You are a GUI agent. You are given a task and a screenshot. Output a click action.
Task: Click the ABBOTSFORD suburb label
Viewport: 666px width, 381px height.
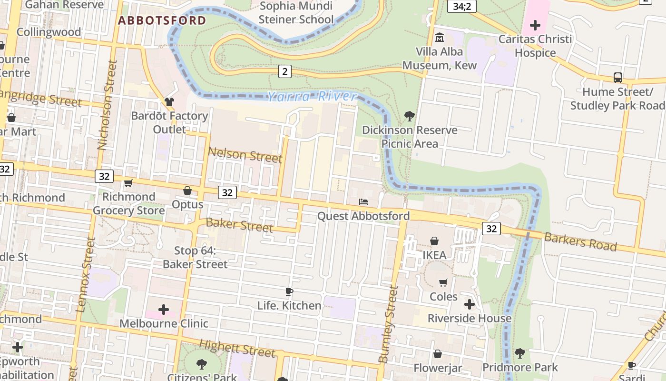pos(162,20)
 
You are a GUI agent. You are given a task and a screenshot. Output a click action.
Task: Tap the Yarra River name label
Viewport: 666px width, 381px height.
pos(311,97)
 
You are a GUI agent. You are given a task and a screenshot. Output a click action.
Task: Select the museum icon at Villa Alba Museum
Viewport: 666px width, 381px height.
pos(440,37)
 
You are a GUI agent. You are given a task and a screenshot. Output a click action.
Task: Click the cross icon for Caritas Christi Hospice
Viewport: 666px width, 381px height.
pos(535,25)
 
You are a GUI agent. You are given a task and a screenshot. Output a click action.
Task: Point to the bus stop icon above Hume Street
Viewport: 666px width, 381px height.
pos(617,78)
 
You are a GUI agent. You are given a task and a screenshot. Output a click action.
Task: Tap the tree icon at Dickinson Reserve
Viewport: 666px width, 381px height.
pos(409,116)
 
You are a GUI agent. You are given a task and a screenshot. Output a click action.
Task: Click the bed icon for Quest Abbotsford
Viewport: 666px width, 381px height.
pos(363,202)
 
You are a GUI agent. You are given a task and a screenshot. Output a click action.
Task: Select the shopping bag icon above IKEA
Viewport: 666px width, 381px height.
pos(434,241)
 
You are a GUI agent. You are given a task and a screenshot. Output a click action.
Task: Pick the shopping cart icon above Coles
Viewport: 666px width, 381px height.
pos(443,282)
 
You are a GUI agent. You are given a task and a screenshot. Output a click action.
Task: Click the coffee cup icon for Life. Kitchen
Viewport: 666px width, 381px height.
pos(289,291)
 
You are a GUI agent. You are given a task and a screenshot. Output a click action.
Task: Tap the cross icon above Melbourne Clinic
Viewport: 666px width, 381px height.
pos(164,310)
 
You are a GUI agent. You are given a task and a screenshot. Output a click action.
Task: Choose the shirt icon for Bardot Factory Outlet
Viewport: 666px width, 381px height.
pos(169,101)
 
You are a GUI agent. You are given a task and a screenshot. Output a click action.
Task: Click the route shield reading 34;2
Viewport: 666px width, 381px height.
pos(462,6)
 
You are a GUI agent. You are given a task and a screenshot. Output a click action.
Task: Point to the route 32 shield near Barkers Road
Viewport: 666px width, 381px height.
pos(491,229)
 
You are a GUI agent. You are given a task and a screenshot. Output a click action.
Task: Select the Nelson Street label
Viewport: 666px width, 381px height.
pos(245,154)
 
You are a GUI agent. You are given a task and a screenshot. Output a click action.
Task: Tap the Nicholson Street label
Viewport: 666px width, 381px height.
pos(108,105)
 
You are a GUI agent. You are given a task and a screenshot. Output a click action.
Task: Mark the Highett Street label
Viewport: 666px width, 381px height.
pos(237,348)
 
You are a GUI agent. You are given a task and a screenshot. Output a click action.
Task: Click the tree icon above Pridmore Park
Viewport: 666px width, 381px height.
pos(520,353)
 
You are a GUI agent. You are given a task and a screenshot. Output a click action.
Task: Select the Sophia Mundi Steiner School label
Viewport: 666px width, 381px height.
pos(296,13)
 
